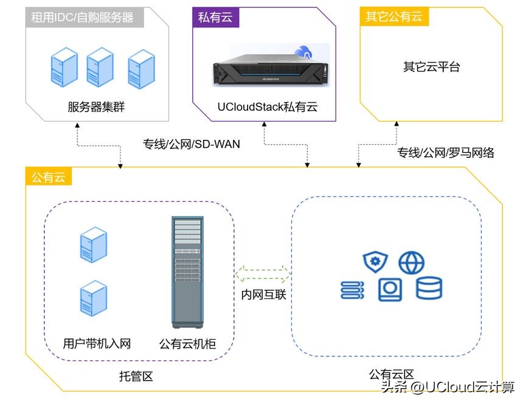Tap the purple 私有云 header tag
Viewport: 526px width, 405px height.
pyautogui.click(x=212, y=18)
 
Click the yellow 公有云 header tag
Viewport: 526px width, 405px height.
pyautogui.click(x=49, y=178)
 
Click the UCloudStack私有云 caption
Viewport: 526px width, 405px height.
pyautogui.click(x=268, y=108)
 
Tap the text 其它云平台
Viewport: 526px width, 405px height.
pyautogui.click(x=431, y=67)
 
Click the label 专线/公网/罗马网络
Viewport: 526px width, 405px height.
pyautogui.click(x=446, y=153)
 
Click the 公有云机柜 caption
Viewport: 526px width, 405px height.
pyautogui.click(x=187, y=344)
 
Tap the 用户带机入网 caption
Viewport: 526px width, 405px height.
pyautogui.click(x=97, y=344)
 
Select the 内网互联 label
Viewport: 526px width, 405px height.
pyautogui.click(x=263, y=295)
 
